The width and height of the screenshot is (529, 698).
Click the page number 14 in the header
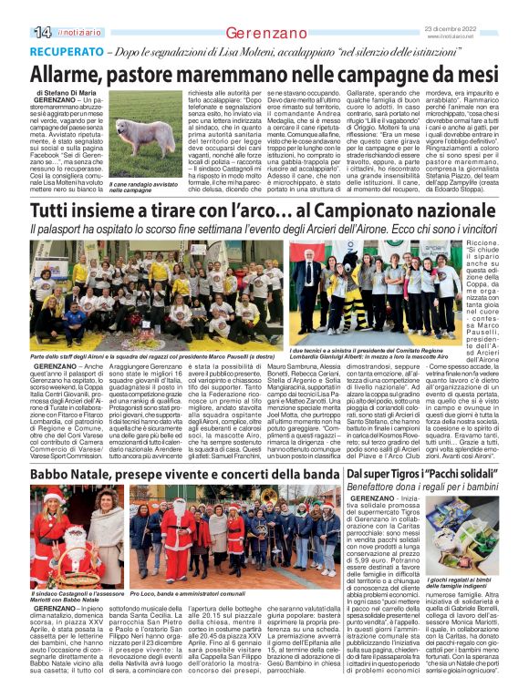(x=41, y=32)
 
